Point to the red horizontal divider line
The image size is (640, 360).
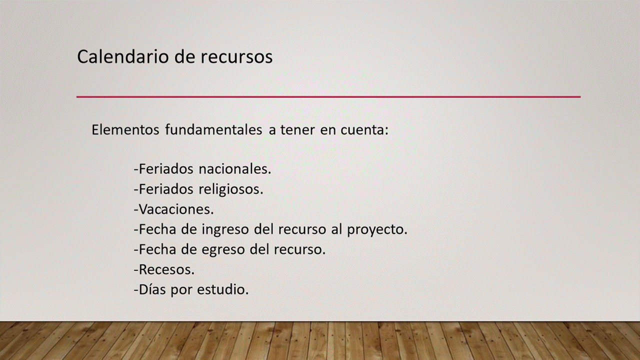point(328,97)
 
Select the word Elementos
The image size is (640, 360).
point(125,129)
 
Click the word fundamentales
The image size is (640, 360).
point(213,129)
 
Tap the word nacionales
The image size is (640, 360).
point(235,169)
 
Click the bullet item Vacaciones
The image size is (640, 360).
point(174,209)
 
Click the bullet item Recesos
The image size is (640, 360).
point(164,269)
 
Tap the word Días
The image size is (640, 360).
point(152,289)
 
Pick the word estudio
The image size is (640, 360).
point(223,289)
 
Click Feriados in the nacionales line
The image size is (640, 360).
point(166,169)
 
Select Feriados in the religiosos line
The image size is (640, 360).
point(166,189)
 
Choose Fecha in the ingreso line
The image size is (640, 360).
point(157,229)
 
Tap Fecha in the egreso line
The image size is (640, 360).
point(157,249)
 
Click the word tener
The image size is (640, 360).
point(297,130)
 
